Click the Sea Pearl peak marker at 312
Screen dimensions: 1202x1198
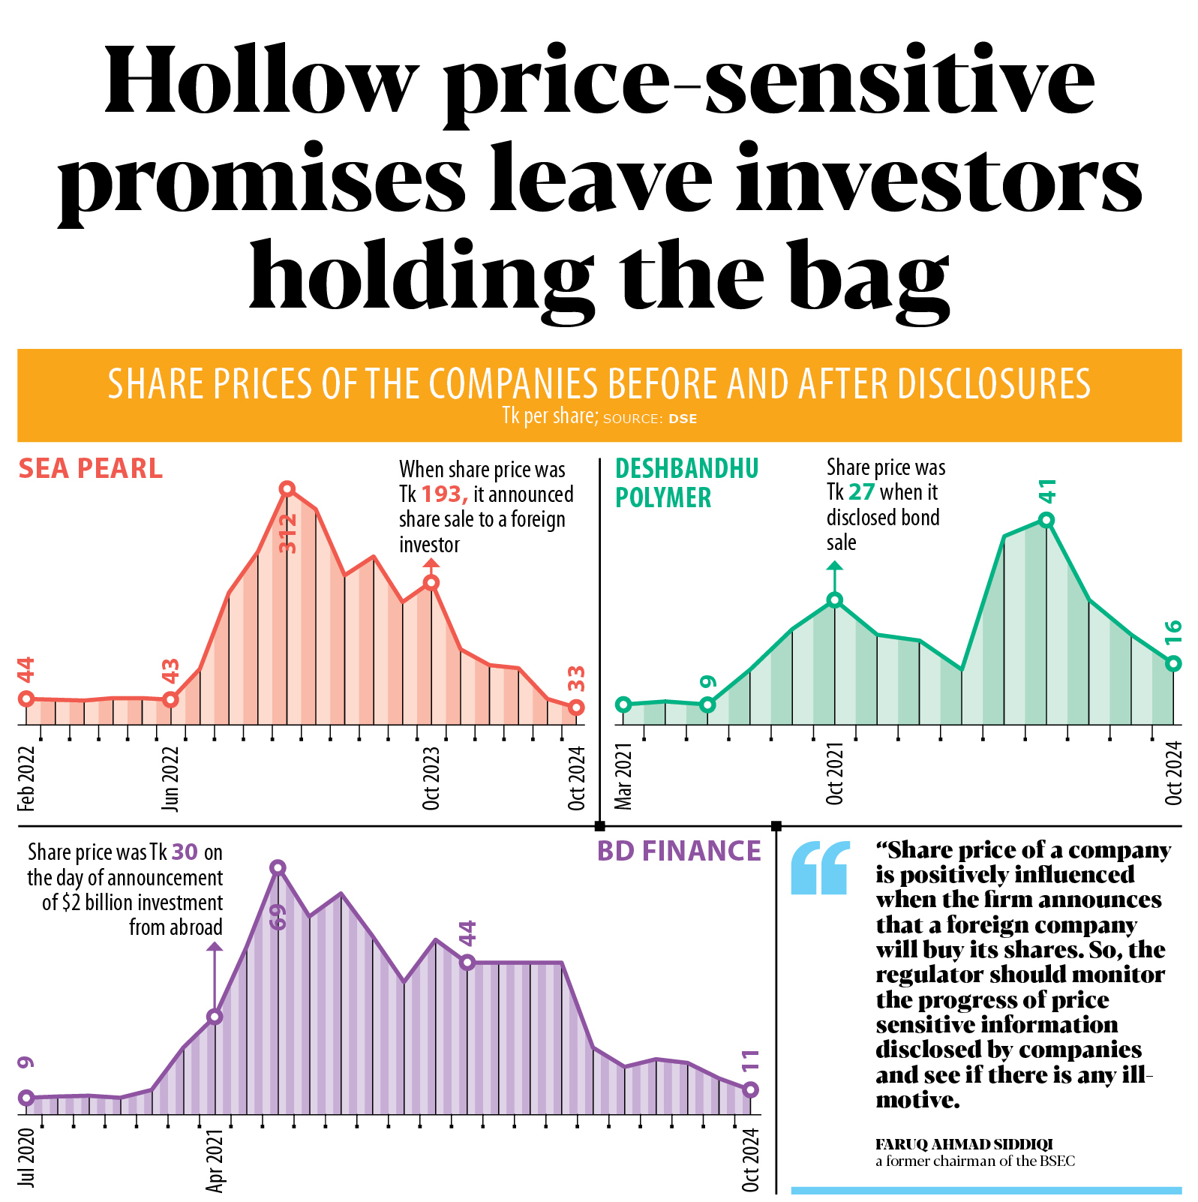click(287, 489)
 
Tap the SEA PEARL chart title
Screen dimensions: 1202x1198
click(91, 469)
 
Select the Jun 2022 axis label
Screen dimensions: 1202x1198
click(171, 777)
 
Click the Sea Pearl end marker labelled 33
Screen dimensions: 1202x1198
click(576, 708)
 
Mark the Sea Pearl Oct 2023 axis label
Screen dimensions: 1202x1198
click(431, 777)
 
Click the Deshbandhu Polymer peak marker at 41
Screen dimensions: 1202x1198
click(1047, 520)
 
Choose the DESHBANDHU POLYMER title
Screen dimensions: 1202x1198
click(686, 482)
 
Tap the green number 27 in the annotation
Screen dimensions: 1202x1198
click(861, 492)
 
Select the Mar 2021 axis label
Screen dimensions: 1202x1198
click(623, 776)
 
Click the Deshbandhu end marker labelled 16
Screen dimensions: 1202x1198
click(1174, 663)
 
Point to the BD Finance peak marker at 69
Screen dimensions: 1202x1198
click(278, 868)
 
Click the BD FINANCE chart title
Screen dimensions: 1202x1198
click(679, 851)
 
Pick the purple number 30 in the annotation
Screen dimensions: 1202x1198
click(185, 852)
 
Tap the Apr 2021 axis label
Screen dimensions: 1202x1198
click(215, 1158)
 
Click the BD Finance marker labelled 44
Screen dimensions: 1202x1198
click(467, 962)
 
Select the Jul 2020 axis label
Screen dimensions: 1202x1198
click(27, 1157)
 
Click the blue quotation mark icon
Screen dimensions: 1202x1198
click(821, 868)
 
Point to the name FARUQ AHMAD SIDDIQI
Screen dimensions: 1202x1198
click(964, 1144)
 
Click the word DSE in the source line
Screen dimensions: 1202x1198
click(683, 419)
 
